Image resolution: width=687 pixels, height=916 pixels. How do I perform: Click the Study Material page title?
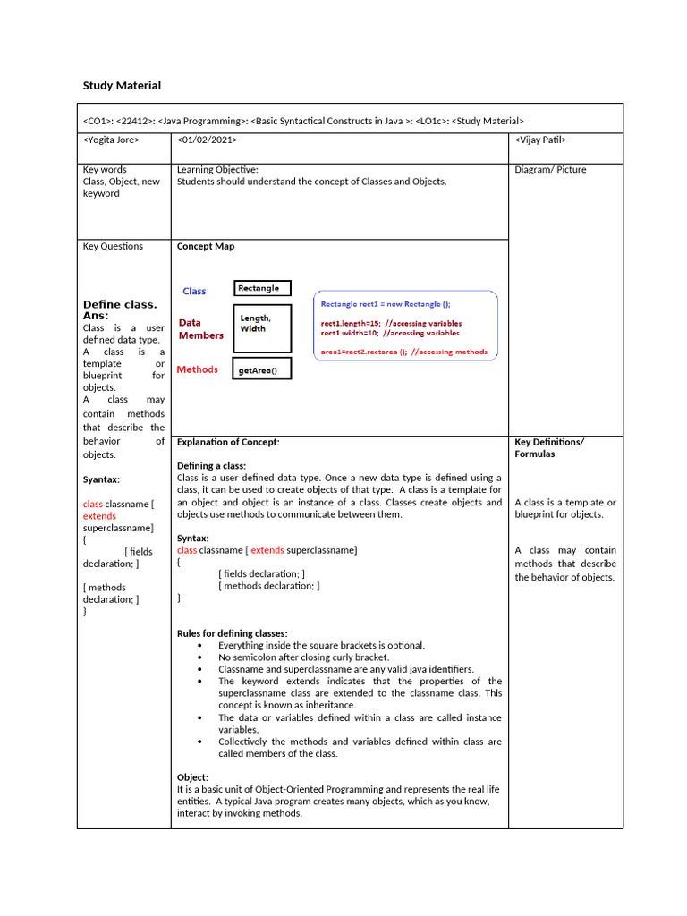122,86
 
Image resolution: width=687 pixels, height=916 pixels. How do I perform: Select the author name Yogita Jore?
111,140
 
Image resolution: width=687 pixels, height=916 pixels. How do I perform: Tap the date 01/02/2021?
208,140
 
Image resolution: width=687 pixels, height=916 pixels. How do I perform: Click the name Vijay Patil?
540,140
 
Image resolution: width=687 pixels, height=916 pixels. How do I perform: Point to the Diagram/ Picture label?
550,170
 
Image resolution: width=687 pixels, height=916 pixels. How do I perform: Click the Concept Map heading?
206,247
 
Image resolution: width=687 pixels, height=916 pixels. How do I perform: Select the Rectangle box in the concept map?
262,288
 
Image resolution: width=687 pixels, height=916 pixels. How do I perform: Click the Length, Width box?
262,328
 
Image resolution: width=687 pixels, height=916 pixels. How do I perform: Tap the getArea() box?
262,370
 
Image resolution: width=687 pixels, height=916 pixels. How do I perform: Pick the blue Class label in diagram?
194,291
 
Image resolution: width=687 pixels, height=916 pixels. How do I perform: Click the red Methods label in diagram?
197,369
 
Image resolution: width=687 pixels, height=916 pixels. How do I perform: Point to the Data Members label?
200,329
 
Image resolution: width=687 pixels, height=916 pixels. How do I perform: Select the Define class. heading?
120,304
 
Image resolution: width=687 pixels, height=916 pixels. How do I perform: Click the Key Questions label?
113,247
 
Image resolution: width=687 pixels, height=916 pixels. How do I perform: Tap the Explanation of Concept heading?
228,442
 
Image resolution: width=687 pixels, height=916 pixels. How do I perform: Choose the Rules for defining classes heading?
232,633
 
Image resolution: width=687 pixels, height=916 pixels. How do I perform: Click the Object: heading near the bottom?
192,777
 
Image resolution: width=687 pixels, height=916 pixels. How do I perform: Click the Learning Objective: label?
217,170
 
